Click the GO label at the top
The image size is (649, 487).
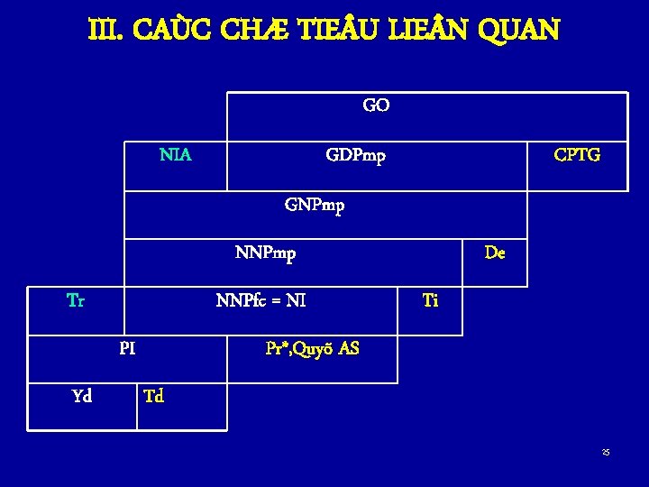coord(376,106)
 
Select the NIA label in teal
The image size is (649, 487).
coord(176,155)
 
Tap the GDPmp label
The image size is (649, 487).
coord(356,156)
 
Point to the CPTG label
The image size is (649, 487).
coord(577,155)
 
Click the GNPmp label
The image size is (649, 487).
coord(315,205)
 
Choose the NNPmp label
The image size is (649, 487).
coord(265,253)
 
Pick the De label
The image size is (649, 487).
coord(495,253)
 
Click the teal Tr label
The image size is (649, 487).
coord(76,300)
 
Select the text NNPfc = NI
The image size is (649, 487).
coord(261,300)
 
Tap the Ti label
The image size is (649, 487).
coord(430,300)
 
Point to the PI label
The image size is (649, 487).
coord(127,347)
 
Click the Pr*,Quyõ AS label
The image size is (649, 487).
coord(312,347)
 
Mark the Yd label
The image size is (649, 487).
coord(81,395)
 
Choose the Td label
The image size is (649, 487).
coord(154,395)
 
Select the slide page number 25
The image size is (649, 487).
coord(607,452)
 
